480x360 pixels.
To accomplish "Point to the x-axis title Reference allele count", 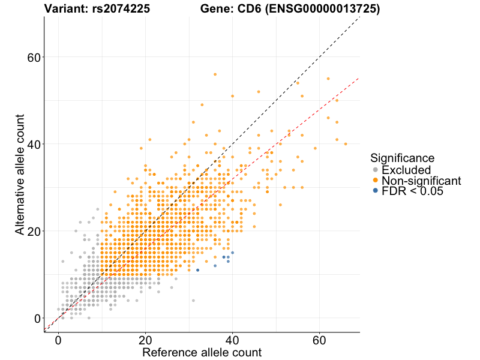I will [x=202, y=352].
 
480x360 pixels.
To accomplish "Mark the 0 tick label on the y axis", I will [x=37, y=319].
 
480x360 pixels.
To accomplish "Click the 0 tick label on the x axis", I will [x=58, y=339].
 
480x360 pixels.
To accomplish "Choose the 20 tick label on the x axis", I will [x=145, y=339].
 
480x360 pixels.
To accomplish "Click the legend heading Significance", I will [x=402, y=158].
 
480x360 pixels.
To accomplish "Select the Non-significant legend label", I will [x=421, y=181].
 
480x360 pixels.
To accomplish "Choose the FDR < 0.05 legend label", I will [x=415, y=191].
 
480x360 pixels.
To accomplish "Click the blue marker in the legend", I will [x=376, y=191].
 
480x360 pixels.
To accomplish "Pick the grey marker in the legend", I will [x=376, y=170].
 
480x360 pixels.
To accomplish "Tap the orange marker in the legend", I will [x=376, y=181].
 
